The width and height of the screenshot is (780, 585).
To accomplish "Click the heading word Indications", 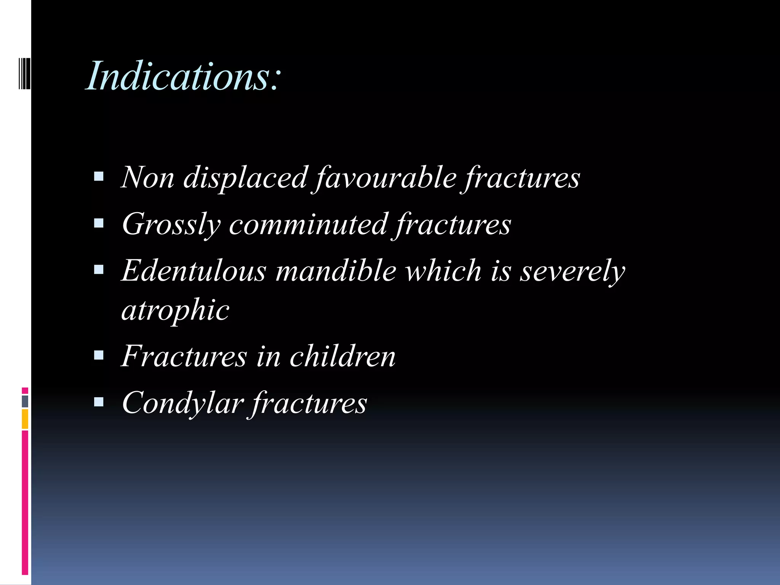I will tap(183, 76).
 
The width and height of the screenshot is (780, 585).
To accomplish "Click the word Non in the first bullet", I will tap(148, 177).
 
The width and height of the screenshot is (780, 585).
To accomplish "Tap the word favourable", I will tap(385, 178).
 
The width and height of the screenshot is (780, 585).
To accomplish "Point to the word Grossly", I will tap(171, 225).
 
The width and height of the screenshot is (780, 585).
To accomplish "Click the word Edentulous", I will tap(194, 271).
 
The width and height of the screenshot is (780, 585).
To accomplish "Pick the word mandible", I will tap(336, 271).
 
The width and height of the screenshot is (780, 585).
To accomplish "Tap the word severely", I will tap(572, 272).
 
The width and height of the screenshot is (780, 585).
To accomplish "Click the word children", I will tap(342, 356).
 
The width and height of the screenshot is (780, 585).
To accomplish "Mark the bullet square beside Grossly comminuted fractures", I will tap(99, 223).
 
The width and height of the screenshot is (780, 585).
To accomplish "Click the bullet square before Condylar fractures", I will tap(99, 402).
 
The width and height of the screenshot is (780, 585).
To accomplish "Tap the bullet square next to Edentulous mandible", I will tap(99, 270).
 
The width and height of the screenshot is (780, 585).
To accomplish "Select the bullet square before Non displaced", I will tap(99, 176).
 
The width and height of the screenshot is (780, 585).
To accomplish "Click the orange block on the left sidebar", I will tap(25, 419).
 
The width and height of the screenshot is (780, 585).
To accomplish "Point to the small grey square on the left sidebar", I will tap(25, 401).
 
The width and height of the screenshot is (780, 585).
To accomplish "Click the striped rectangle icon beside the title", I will tap(24, 73).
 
